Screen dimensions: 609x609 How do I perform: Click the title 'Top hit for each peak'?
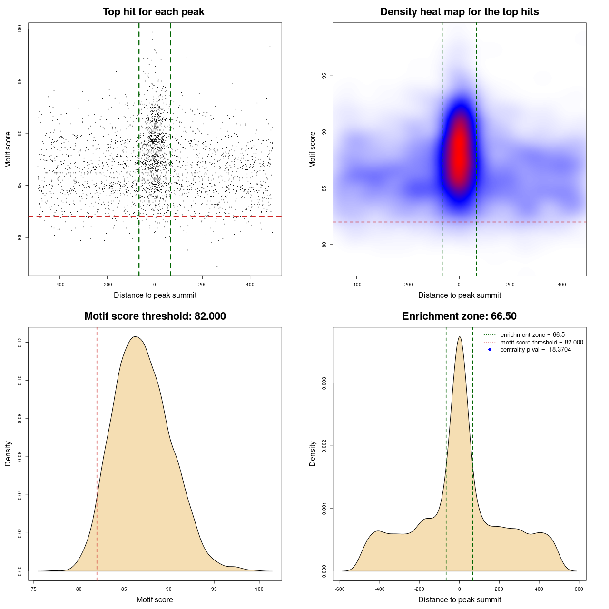[153, 12]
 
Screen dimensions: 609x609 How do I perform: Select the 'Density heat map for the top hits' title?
[459, 12]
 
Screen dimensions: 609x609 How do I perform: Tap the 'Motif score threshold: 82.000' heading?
[155, 316]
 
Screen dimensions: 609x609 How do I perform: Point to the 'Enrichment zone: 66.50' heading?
[459, 316]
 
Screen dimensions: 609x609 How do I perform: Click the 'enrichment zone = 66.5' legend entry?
[532, 335]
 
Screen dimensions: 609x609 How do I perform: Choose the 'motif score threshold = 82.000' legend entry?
[541, 343]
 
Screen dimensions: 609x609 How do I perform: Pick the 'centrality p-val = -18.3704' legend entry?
[535, 350]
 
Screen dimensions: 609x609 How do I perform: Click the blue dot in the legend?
[490, 350]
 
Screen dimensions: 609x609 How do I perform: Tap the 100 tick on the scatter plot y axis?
[20, 29]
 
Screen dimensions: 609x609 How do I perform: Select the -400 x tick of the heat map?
[356, 285]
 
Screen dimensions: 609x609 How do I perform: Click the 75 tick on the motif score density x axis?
[34, 589]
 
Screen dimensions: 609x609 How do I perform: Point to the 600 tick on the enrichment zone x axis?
[579, 589]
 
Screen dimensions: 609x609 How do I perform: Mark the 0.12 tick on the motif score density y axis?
[20, 342]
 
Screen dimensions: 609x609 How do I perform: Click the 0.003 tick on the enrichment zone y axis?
[324, 383]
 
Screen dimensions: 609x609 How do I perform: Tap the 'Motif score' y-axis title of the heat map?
[313, 149]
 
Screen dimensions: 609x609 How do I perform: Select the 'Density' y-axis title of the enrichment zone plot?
[313, 453]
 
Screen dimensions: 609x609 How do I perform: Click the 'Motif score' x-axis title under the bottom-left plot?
[155, 599]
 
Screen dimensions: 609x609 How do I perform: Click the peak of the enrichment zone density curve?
[459, 337]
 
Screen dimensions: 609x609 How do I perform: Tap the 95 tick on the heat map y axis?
[324, 76]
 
